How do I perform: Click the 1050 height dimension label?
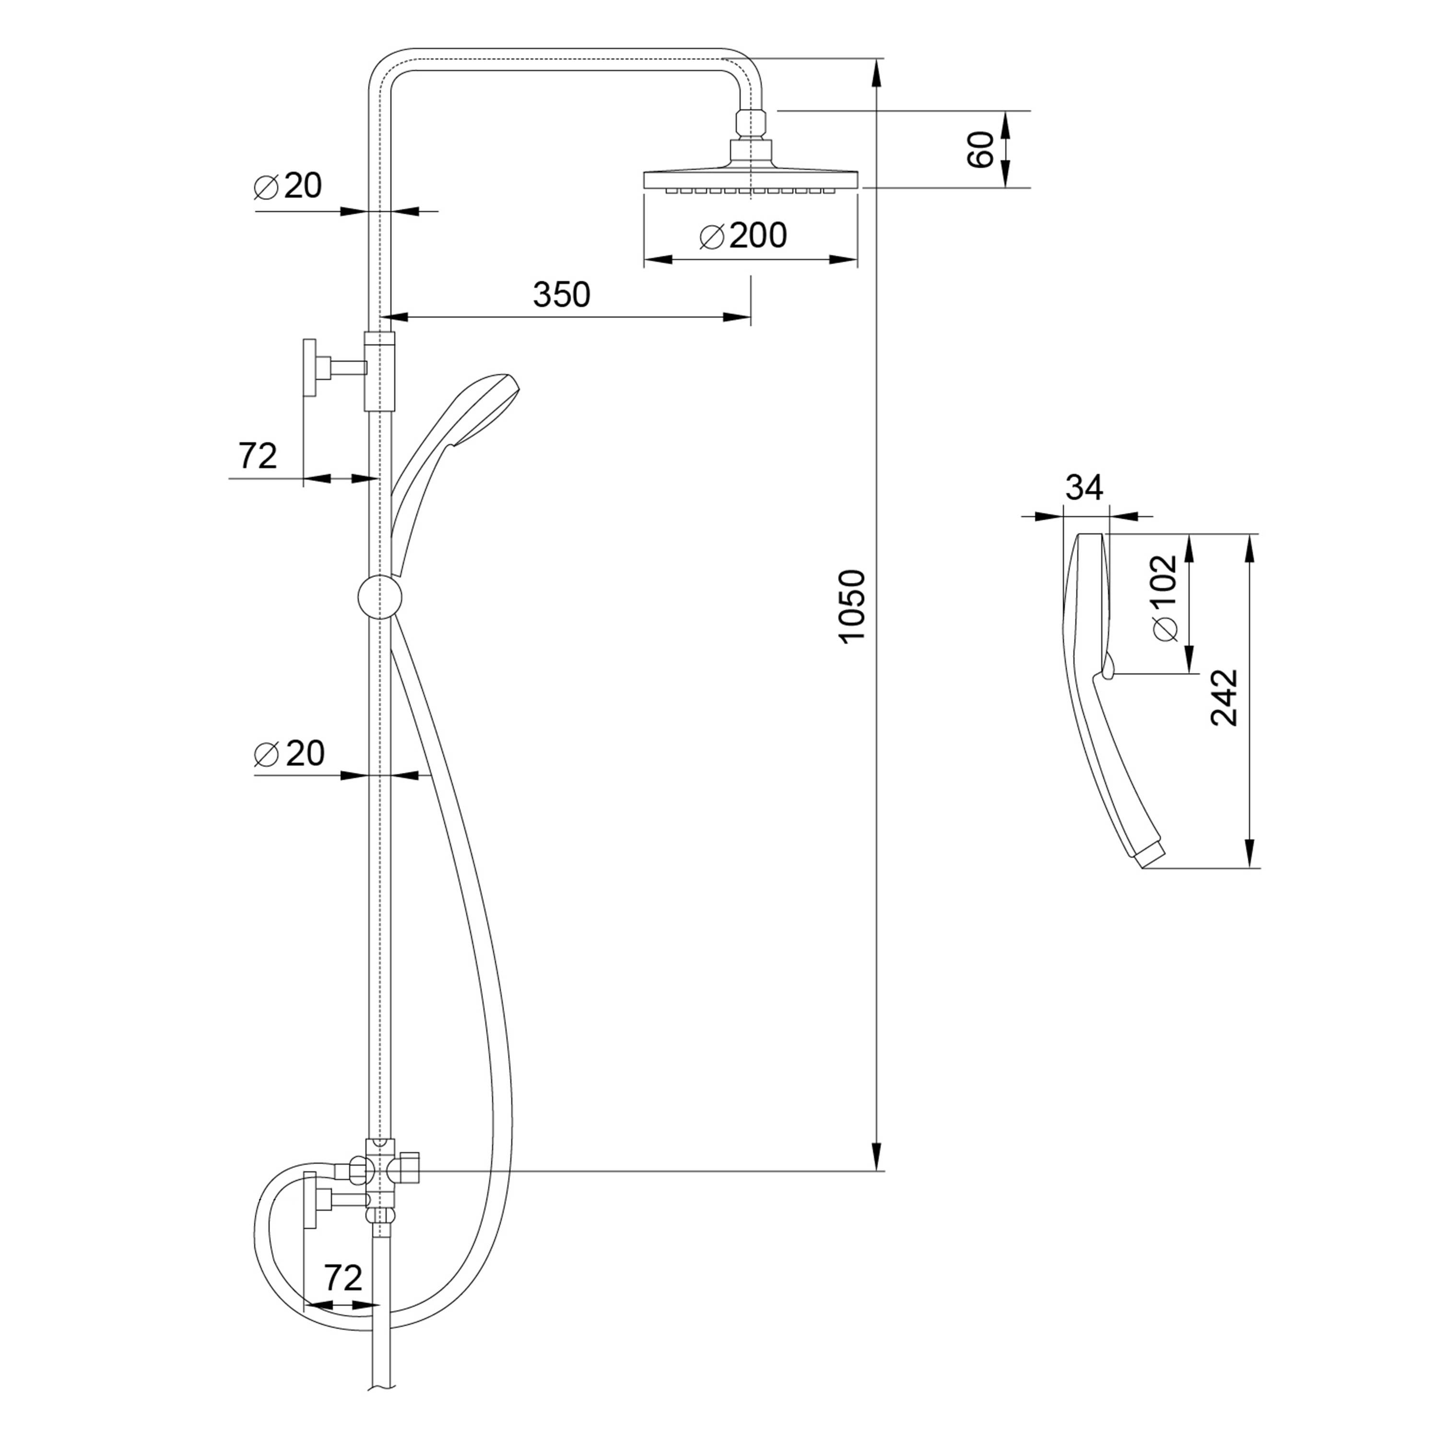coord(851,605)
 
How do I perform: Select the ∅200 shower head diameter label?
coord(743,236)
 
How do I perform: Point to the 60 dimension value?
coord(982,149)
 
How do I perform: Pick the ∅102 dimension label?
coord(1165,597)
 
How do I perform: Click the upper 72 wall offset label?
coord(258,455)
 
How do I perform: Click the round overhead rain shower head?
coord(751,179)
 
